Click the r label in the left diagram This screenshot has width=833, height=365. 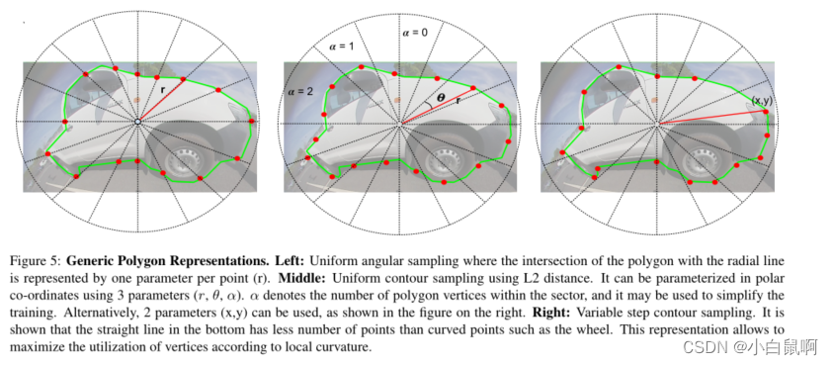click(x=164, y=88)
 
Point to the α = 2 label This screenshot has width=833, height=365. click(x=300, y=91)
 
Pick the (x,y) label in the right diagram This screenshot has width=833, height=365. click(x=763, y=101)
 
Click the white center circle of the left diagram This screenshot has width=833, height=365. click(x=138, y=122)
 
